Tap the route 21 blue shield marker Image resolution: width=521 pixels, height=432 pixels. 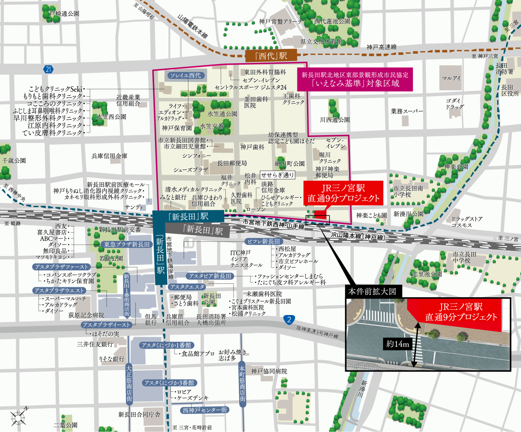point(48,69)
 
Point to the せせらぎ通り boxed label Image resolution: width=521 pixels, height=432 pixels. point(277,175)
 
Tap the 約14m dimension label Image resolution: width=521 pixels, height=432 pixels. point(399,344)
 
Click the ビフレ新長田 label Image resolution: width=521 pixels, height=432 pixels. point(264,241)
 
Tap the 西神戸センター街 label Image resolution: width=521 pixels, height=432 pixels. point(205,409)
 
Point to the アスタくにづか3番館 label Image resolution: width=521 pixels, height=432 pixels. point(169,383)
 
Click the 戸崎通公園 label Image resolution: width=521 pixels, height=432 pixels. point(64,14)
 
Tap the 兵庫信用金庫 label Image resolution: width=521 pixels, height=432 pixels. point(109,156)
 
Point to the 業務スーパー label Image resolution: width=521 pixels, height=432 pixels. point(407,111)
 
